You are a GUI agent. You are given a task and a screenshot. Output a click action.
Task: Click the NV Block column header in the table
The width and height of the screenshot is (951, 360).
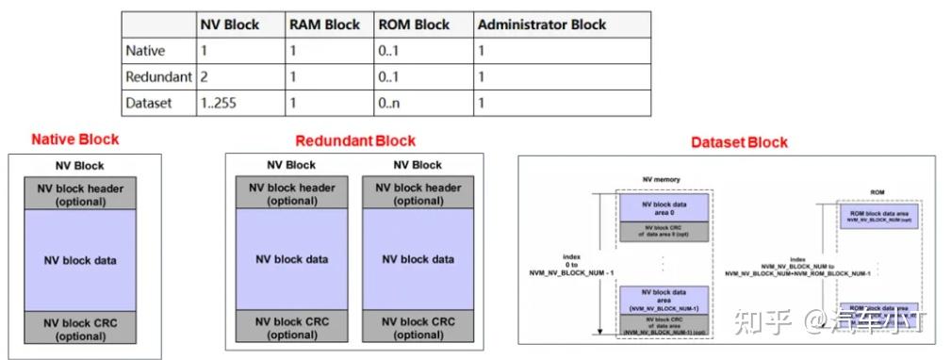coord(230,25)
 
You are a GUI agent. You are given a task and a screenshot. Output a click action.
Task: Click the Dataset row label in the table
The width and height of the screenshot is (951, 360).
coord(148,103)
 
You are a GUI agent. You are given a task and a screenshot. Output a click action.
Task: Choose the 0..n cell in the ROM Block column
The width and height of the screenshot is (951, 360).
coord(388,103)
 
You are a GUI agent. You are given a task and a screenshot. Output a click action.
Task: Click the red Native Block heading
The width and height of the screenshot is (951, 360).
coord(75,139)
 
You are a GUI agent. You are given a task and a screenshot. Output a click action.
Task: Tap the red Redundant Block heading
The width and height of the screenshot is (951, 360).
coord(354,140)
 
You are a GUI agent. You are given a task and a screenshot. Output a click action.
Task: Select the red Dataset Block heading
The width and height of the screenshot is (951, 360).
coord(739,142)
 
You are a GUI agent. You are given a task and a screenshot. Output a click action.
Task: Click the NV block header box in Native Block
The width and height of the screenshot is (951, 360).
coord(82,193)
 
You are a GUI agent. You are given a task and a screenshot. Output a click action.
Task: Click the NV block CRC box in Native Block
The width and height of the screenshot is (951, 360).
coord(82,328)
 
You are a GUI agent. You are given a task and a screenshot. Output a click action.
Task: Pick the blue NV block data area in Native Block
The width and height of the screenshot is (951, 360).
coord(82,260)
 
